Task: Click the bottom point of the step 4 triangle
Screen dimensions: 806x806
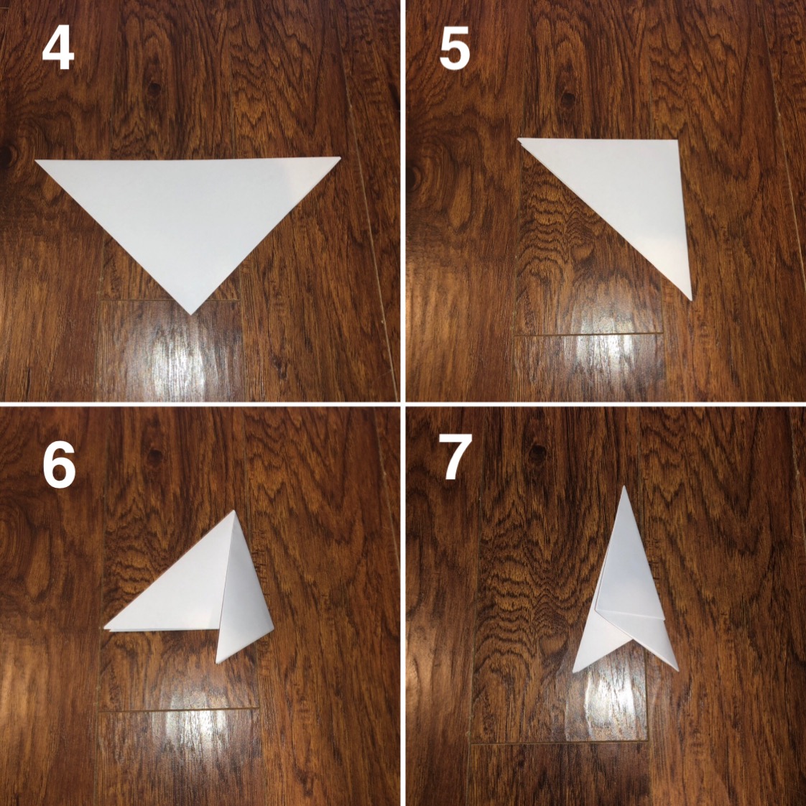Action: coord(190,314)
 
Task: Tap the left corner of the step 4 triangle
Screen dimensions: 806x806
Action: coord(36,162)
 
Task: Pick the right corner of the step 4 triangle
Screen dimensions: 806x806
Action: coord(340,157)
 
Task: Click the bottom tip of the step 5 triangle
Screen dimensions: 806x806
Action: coord(691,300)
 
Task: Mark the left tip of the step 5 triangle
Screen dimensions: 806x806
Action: coord(518,139)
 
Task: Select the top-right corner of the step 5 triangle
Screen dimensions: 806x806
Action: coord(677,140)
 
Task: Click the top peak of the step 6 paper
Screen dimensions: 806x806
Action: coord(234,511)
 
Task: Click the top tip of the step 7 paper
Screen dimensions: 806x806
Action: coord(624,486)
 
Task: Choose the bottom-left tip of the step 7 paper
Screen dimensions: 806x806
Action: coord(574,672)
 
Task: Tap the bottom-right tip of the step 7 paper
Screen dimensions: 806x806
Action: coord(677,670)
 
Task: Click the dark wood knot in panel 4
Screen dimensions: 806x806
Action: coord(154,88)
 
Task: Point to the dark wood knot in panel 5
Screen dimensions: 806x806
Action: coord(568,98)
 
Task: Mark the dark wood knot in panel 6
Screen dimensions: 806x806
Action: coord(154,455)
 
